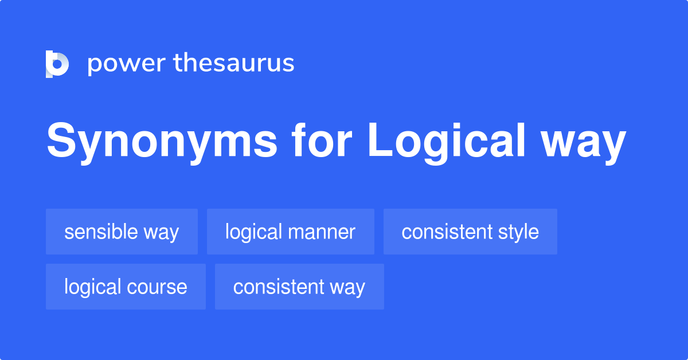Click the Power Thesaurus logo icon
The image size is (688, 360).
pos(57,64)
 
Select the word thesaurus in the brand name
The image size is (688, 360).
pos(234,64)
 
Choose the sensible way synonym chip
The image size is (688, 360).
pos(122,232)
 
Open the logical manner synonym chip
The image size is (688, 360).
pos(290,232)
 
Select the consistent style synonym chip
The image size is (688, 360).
pos(470,232)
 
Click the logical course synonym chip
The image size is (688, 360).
pos(126,287)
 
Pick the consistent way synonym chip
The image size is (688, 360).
pos(299,287)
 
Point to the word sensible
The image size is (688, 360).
pos(101,232)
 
